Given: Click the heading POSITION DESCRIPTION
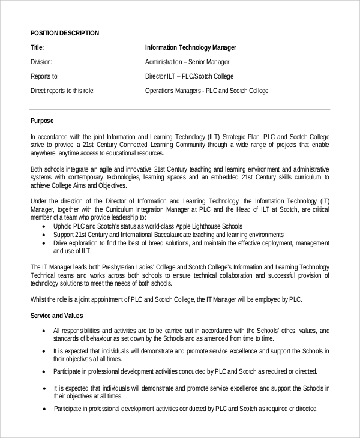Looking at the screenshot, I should pyautogui.click(x=65, y=33).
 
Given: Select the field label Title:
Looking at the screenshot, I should pyautogui.click(x=37, y=47).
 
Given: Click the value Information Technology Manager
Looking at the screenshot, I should pyautogui.click(x=191, y=47).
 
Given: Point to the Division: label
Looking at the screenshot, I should pyautogui.click(x=41, y=62).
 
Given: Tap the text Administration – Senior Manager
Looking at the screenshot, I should pyautogui.click(x=187, y=62).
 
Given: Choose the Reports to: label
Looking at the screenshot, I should pyautogui.click(x=44, y=76).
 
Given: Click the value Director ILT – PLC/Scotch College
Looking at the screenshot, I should pyautogui.click(x=189, y=76).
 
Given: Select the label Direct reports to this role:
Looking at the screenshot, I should pyautogui.click(x=62, y=91).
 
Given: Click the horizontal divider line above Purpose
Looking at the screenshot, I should pyautogui.click(x=180, y=110).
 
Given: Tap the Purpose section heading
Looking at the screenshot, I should pyautogui.click(x=42, y=121).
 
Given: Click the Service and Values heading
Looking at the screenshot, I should pyautogui.click(x=56, y=316).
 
